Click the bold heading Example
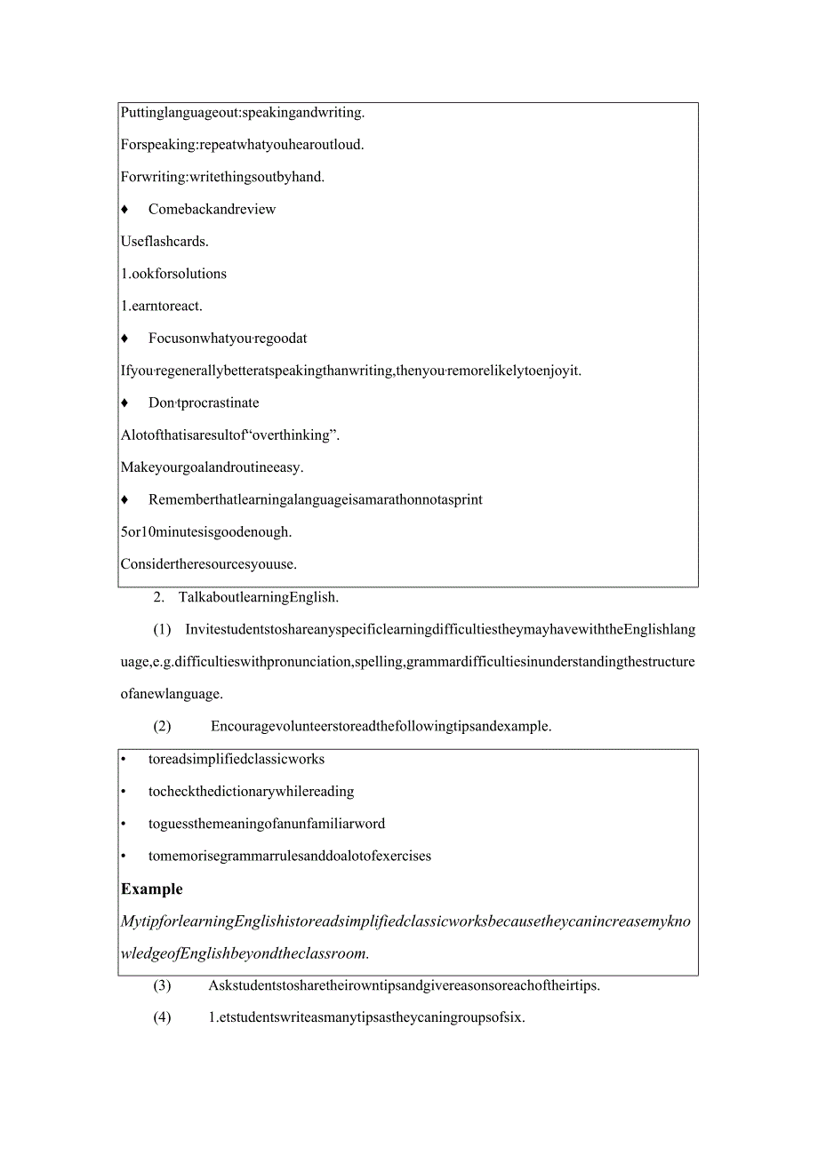tap(152, 889)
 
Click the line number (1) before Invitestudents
tap(162, 630)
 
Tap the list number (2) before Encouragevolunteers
tap(162, 726)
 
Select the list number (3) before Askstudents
tap(162, 985)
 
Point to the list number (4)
tap(162, 1017)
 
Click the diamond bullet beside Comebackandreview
tap(124, 210)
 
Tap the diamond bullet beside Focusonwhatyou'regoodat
tap(124, 339)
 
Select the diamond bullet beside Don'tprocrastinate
tap(124, 403)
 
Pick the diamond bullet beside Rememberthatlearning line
tap(124, 500)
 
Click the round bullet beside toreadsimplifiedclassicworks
tap(124, 760)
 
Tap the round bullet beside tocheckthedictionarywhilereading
tap(124, 792)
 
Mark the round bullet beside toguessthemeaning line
tap(124, 825)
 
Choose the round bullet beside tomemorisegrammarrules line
tap(124, 857)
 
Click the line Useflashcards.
tap(164, 242)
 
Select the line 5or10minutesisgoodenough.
tap(206, 532)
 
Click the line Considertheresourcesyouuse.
tap(209, 564)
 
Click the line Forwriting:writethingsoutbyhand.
tap(222, 177)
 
